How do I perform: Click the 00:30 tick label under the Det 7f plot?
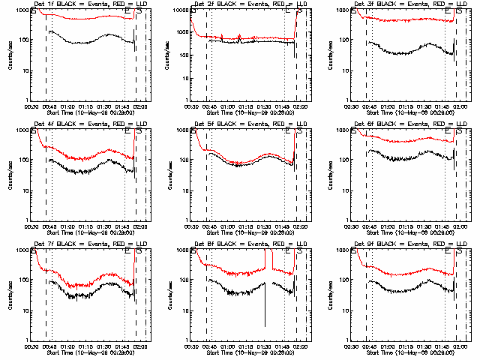31,346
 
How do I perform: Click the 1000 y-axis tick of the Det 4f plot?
19,130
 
